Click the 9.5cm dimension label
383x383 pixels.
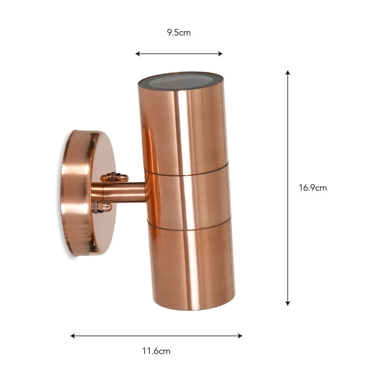click(x=179, y=33)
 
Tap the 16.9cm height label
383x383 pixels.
click(x=313, y=188)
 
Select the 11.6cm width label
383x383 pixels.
click(x=156, y=351)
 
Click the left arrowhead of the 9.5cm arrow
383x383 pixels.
click(x=137, y=54)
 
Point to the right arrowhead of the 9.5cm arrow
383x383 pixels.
click(x=220, y=54)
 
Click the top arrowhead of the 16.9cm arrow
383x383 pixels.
click(x=288, y=72)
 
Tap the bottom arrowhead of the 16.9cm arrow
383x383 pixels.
click(x=288, y=303)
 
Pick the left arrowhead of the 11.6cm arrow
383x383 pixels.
click(x=72, y=336)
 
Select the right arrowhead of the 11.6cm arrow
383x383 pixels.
click(x=240, y=336)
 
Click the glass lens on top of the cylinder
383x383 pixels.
click(x=181, y=81)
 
